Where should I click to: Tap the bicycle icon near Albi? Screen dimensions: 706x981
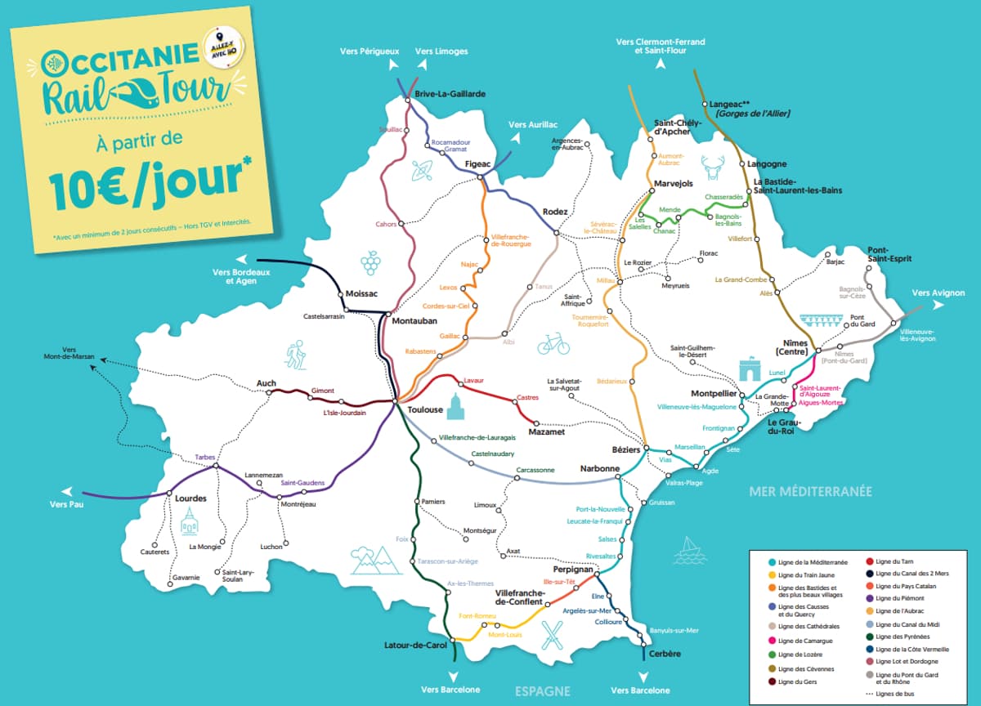[553, 344]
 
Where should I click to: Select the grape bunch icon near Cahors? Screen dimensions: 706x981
[371, 262]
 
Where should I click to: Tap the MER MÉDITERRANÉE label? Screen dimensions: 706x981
[810, 491]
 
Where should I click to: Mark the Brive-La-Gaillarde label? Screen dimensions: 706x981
[450, 94]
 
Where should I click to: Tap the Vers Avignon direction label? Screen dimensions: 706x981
[938, 293]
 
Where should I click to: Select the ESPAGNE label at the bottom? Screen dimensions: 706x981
[542, 691]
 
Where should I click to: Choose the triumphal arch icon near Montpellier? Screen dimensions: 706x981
[751, 369]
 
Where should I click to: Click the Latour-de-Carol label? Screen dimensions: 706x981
[415, 646]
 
